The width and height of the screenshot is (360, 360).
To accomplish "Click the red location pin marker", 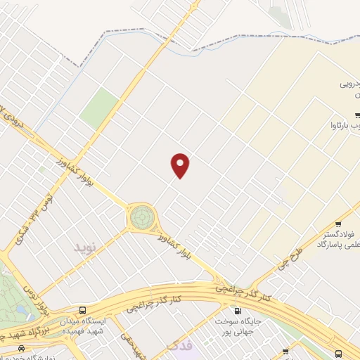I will (181, 165).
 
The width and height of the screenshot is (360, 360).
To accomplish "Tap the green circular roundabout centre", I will (141, 217).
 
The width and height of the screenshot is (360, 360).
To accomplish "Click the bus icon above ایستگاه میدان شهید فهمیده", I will (84, 310).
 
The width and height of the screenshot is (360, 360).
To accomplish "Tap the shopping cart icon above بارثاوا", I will (358, 115).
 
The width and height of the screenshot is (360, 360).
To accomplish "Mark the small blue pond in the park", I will (19, 309).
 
